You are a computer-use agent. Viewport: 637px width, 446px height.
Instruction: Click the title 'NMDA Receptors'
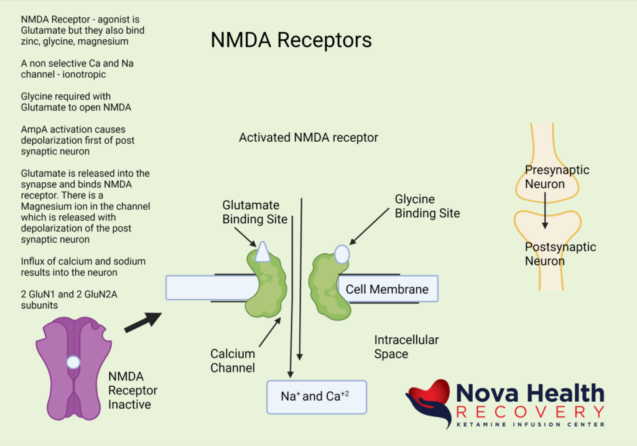pyautogui.click(x=291, y=40)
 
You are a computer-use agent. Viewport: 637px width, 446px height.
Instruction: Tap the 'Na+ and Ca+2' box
pyautogui.click(x=316, y=396)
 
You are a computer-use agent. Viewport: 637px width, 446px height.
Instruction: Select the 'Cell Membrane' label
pyautogui.click(x=387, y=289)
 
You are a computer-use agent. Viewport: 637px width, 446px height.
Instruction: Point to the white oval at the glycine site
pyautogui.click(x=342, y=254)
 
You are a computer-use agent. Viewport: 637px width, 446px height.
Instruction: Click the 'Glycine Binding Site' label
pyautogui.click(x=427, y=206)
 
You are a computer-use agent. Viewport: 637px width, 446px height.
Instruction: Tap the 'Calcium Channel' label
pyautogui.click(x=233, y=361)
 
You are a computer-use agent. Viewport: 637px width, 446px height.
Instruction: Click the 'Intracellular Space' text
pyautogui.click(x=406, y=347)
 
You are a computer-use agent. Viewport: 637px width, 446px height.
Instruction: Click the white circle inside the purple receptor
pyautogui.click(x=73, y=362)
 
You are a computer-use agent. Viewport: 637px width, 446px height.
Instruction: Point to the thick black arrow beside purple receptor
pyautogui.click(x=142, y=322)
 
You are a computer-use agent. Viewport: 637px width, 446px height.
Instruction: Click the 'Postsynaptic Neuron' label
pyautogui.click(x=560, y=254)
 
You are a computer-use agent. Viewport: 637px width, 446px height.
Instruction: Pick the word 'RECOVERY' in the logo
pyautogui.click(x=529, y=412)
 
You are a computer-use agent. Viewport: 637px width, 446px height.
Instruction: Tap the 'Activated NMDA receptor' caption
pyautogui.click(x=308, y=137)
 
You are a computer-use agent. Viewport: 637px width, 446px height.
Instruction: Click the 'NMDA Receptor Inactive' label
pyautogui.click(x=133, y=391)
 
